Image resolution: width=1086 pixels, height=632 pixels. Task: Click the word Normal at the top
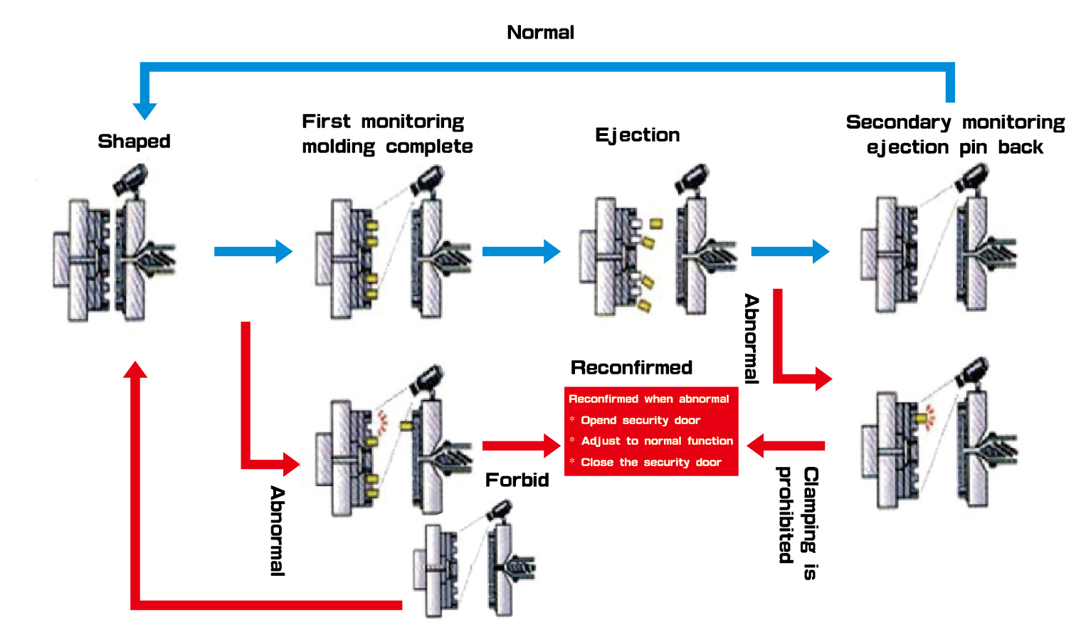pyautogui.click(x=540, y=32)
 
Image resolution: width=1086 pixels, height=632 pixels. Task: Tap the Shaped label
pyautogui.click(x=134, y=141)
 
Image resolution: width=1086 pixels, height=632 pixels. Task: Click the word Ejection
pyautogui.click(x=637, y=135)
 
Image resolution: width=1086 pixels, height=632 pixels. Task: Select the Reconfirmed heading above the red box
pyautogui.click(x=631, y=367)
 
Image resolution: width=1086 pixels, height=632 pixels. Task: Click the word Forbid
pyautogui.click(x=517, y=480)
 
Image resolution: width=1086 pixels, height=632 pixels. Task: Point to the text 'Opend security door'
pyautogui.click(x=640, y=420)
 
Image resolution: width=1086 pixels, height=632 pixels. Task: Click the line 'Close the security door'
pyautogui.click(x=650, y=462)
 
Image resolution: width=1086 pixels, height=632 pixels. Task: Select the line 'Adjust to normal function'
pyautogui.click(x=656, y=441)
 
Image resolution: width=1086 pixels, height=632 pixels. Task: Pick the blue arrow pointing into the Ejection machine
pyautogui.click(x=521, y=251)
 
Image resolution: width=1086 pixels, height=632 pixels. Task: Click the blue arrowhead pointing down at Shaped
pyautogui.click(x=144, y=110)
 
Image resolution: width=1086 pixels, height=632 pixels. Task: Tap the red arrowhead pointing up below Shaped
pyautogui.click(x=135, y=370)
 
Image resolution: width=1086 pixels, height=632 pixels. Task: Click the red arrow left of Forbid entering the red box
pyautogui.click(x=521, y=446)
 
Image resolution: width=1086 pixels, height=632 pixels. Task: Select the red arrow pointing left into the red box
pyautogui.click(x=785, y=446)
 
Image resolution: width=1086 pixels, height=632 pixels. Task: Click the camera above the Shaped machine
pyautogui.click(x=132, y=179)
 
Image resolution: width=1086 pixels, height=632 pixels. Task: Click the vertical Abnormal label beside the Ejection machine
pyautogui.click(x=752, y=339)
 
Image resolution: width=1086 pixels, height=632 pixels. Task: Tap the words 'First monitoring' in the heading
pyautogui.click(x=383, y=122)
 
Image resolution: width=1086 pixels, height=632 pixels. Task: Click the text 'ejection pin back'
pyautogui.click(x=954, y=147)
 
